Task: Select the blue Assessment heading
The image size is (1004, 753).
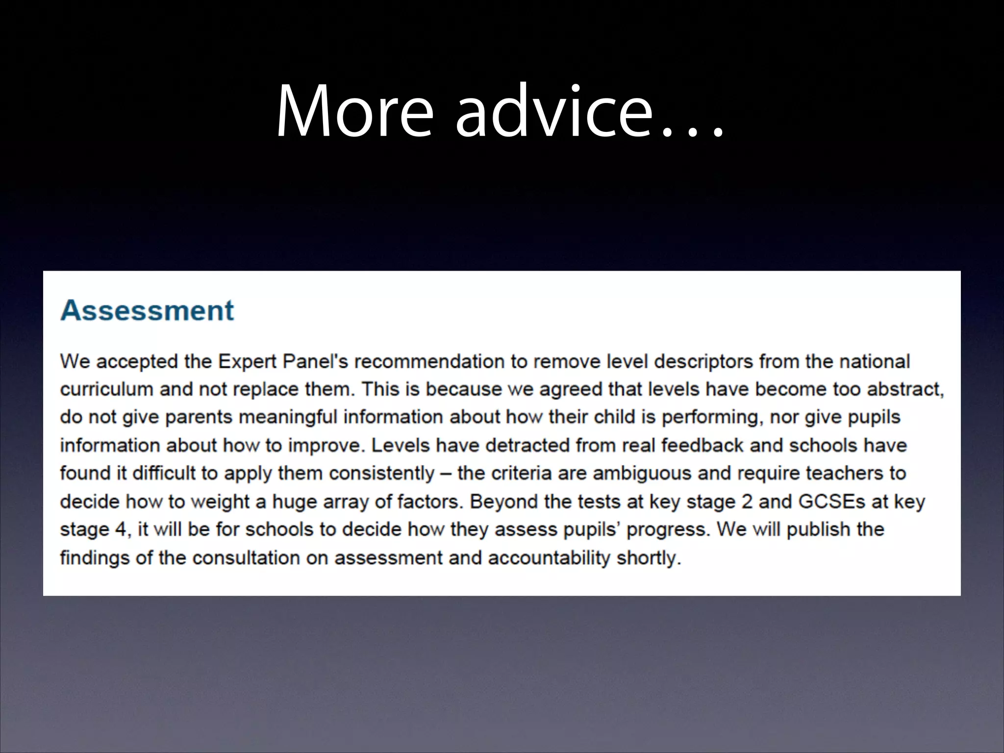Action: (147, 310)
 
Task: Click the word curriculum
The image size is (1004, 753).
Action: (106, 390)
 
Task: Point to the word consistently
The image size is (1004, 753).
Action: (381, 474)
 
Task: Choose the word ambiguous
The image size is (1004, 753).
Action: (642, 474)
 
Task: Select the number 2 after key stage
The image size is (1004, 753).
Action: (747, 502)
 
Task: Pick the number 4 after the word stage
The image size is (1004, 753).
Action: (121, 529)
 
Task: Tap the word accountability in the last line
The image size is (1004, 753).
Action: (549, 558)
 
